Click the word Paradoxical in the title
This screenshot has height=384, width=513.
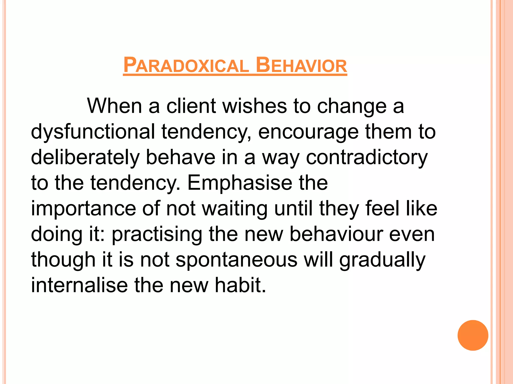(x=186, y=65)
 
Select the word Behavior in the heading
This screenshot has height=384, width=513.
(x=301, y=65)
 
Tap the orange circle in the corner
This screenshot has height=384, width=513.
(x=473, y=335)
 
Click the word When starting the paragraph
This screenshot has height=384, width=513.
(x=114, y=106)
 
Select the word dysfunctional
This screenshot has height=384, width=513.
(x=93, y=132)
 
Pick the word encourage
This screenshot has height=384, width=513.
(x=308, y=132)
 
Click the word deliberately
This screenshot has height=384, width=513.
(x=85, y=157)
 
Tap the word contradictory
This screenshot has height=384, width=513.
(x=367, y=157)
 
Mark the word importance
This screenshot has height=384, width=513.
(x=83, y=209)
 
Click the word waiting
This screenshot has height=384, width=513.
(x=235, y=209)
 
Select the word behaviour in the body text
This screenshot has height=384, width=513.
(x=336, y=234)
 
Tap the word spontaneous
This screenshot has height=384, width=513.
(x=236, y=260)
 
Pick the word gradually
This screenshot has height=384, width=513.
(x=382, y=260)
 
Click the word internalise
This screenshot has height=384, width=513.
(x=79, y=285)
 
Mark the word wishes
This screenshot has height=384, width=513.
(x=255, y=106)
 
